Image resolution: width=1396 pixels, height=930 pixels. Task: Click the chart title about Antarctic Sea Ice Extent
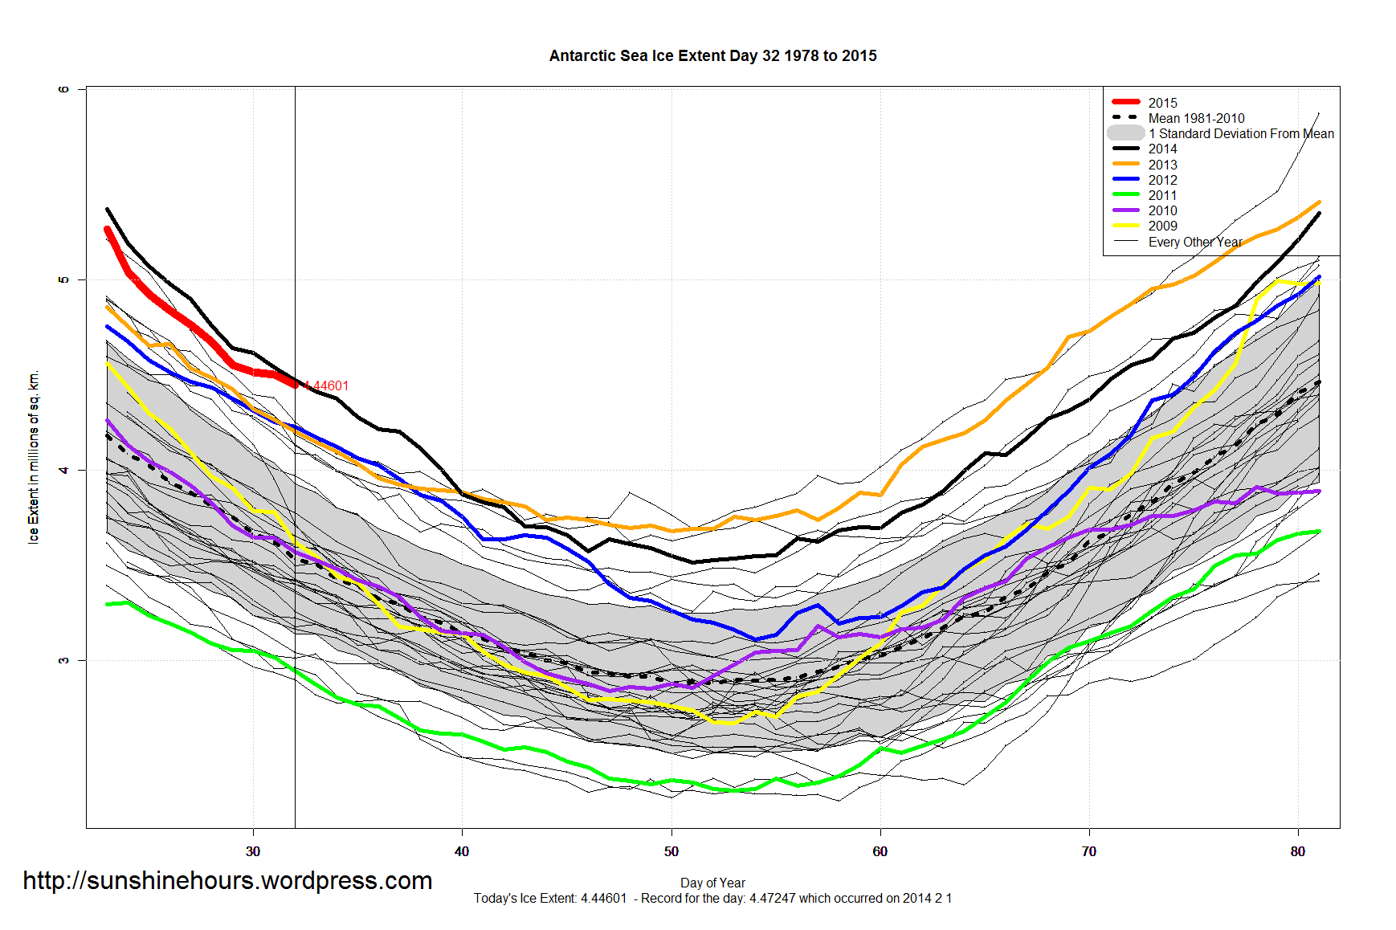pyautogui.click(x=712, y=56)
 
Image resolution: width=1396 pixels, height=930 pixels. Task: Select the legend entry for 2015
pyautogui.click(x=1161, y=103)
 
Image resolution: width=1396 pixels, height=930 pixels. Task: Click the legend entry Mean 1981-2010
pyautogui.click(x=1195, y=118)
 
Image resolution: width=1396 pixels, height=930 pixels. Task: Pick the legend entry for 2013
pyautogui.click(x=1161, y=165)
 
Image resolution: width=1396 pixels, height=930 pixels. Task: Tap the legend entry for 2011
pyautogui.click(x=1161, y=195)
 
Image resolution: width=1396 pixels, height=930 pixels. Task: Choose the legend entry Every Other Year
pyautogui.click(x=1194, y=242)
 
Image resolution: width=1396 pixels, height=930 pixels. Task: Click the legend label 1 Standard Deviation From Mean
pyautogui.click(x=1240, y=133)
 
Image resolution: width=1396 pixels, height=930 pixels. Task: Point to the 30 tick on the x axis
pyautogui.click(x=253, y=851)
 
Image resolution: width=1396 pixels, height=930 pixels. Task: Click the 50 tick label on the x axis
pyautogui.click(x=671, y=851)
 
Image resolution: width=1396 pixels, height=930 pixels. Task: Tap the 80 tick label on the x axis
pyautogui.click(x=1298, y=851)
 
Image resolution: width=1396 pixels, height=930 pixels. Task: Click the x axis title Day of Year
pyautogui.click(x=712, y=883)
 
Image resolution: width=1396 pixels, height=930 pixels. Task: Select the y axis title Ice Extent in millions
pyautogui.click(x=34, y=457)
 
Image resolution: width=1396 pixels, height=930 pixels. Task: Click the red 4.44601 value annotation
pyautogui.click(x=327, y=386)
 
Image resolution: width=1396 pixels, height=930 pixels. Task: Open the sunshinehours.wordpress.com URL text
pyautogui.click(x=227, y=881)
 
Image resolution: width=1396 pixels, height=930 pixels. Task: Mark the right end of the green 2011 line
pyautogui.click(x=1318, y=531)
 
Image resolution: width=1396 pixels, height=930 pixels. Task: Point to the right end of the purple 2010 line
pyautogui.click(x=1318, y=492)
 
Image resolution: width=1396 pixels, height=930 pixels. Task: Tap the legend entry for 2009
pyautogui.click(x=1161, y=226)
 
